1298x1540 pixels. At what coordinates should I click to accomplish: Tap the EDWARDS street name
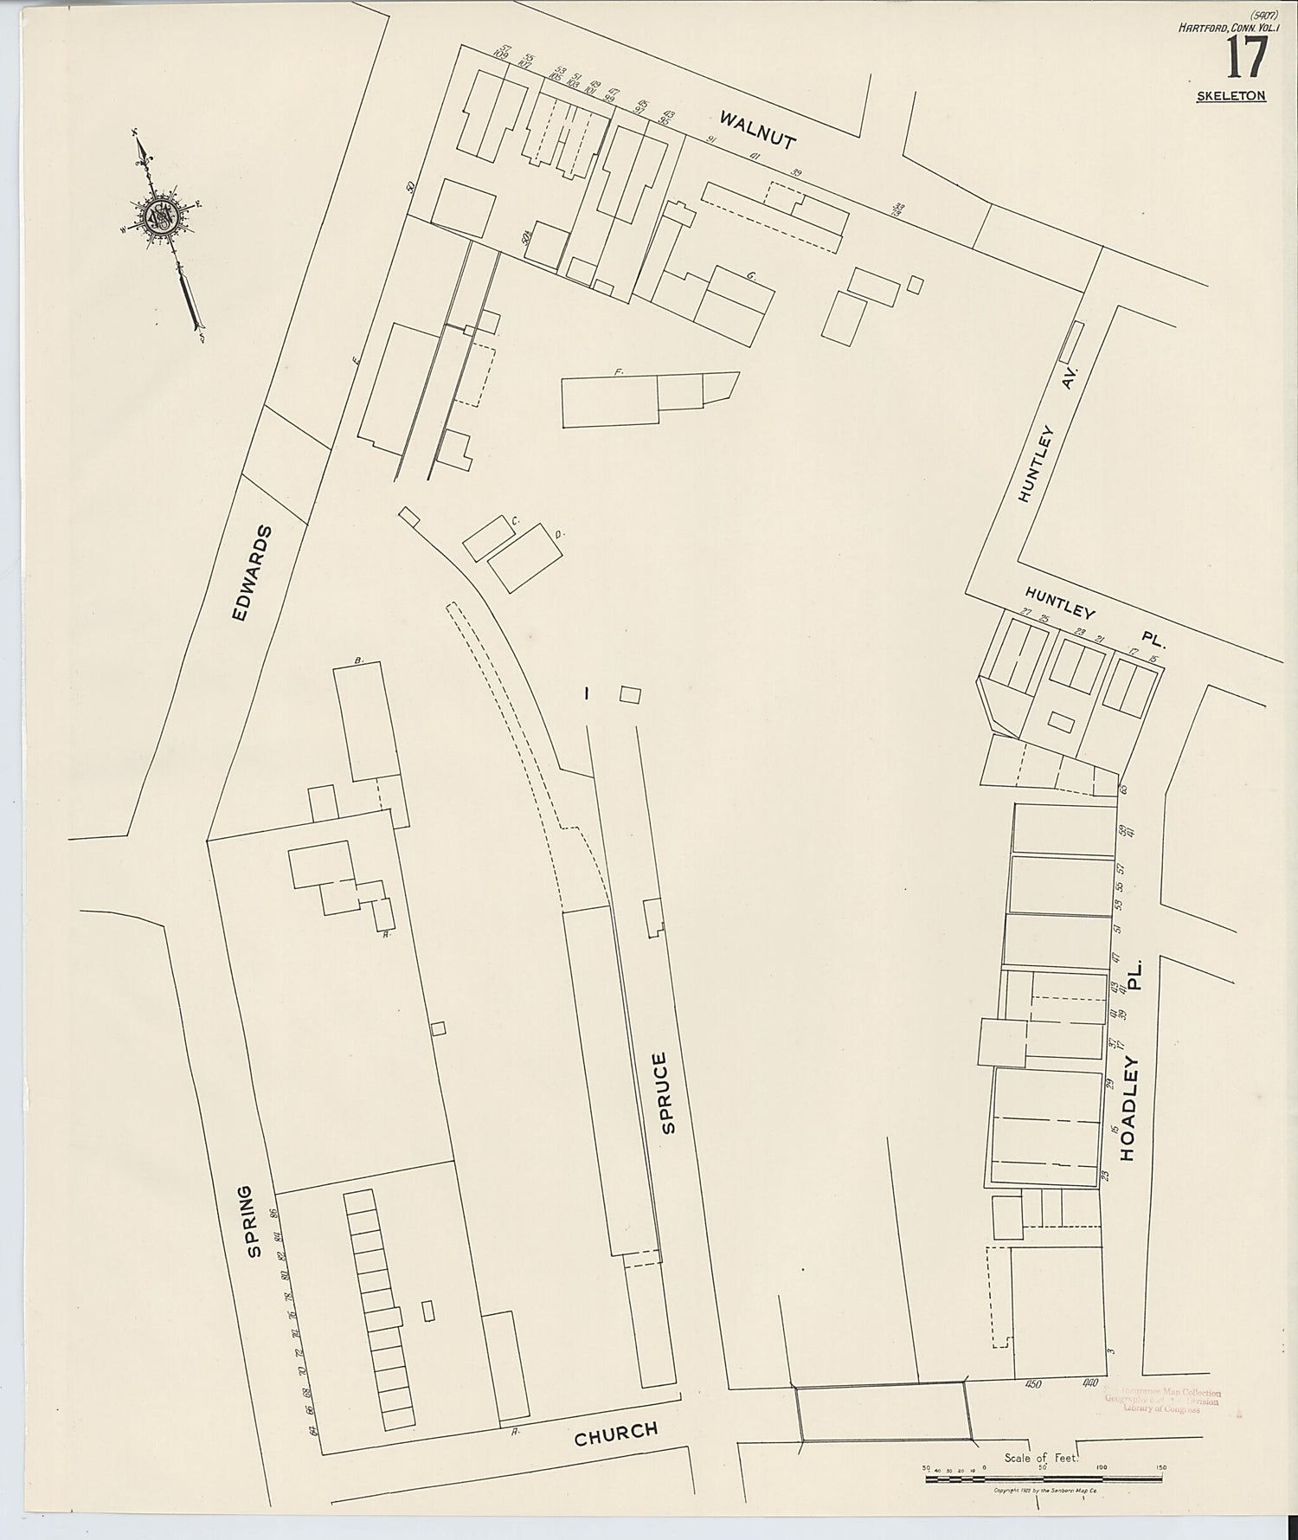coord(254,573)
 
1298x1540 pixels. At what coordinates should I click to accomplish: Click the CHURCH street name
coord(616,1433)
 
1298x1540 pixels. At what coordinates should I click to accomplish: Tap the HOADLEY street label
coord(1130,1108)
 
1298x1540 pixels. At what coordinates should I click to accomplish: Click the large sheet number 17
coord(1245,59)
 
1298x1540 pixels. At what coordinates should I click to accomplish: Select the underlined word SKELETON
coord(1231,96)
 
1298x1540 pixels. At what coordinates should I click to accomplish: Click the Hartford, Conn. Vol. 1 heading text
coord(1222,28)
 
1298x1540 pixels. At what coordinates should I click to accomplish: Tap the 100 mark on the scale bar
coord(1101,1468)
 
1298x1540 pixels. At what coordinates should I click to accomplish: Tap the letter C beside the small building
coord(516,521)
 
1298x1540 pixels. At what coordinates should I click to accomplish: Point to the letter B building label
coord(358,660)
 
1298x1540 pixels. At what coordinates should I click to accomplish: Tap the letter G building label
coord(751,276)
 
